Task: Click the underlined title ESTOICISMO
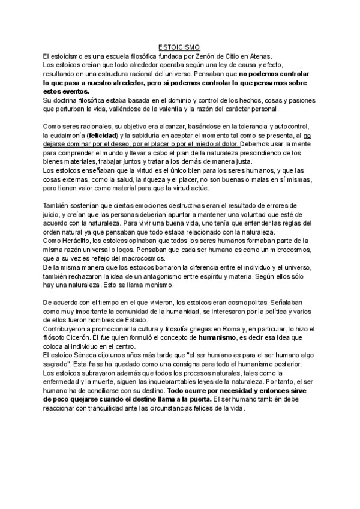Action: click(x=179, y=47)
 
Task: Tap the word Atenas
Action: click(x=259, y=55)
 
